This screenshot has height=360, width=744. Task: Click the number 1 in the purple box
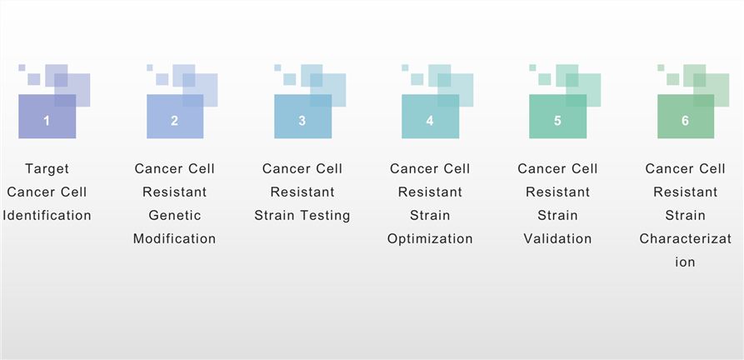(47, 121)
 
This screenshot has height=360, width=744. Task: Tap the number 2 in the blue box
(174, 121)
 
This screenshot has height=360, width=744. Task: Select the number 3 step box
(302, 121)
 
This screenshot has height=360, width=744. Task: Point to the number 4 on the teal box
(429, 121)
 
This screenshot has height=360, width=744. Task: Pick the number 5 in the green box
(557, 121)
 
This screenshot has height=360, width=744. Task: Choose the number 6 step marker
(685, 121)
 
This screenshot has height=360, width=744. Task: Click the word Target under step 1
(47, 168)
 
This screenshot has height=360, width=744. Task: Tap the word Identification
(47, 215)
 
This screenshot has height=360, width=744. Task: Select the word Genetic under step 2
(174, 215)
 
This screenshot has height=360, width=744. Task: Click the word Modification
(174, 238)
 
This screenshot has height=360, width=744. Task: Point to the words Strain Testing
(302, 215)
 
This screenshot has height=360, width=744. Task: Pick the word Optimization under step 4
(429, 238)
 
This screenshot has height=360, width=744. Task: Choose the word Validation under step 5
(557, 238)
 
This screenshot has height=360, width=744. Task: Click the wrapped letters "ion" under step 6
(685, 262)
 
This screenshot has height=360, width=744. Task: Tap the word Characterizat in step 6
(685, 238)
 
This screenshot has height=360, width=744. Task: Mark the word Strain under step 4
(429, 215)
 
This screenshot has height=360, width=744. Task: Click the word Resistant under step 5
(557, 192)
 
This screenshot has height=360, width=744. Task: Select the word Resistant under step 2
(174, 192)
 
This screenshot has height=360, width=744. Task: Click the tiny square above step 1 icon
(22, 67)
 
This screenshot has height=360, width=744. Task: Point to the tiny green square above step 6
(661, 67)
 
